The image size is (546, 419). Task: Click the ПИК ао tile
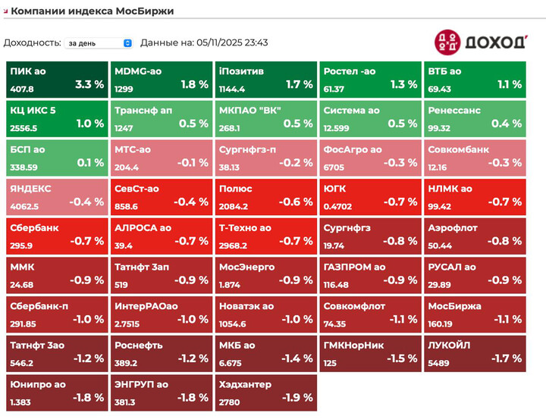(57, 79)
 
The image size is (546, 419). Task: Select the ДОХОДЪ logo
(479, 42)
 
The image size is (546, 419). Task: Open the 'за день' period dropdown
(98, 43)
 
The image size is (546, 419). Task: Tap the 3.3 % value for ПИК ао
(89, 85)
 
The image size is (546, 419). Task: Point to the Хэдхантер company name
(244, 385)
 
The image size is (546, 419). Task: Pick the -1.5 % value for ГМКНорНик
(401, 358)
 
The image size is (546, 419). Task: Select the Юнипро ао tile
(57, 392)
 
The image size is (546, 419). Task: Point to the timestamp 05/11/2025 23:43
(231, 43)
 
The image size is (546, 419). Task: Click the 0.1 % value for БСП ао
(90, 163)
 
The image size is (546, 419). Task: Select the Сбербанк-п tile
(57, 313)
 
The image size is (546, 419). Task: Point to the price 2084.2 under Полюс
(234, 205)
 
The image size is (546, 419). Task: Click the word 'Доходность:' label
(32, 43)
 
